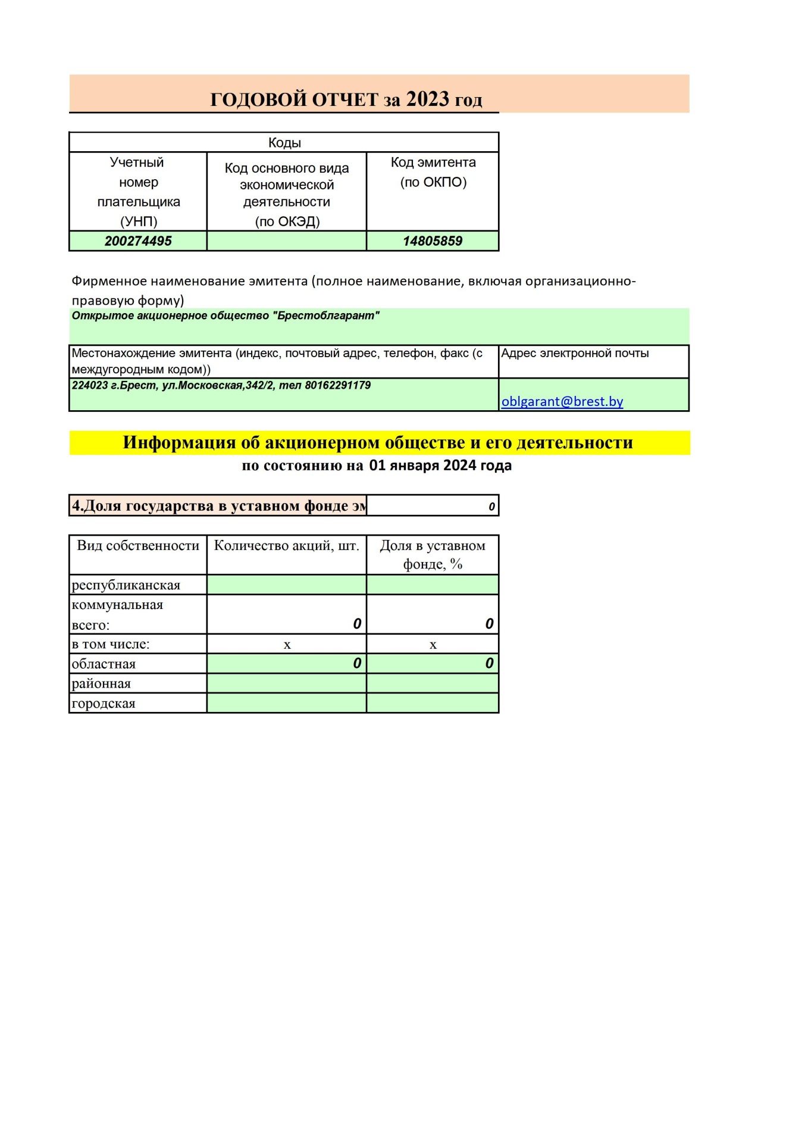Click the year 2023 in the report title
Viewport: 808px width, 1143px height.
tap(427, 99)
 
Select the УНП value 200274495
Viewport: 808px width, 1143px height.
tap(138, 241)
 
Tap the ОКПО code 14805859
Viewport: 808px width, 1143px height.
tap(433, 241)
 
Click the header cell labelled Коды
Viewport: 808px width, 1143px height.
tap(284, 143)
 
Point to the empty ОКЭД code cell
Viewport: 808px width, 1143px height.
tap(286, 241)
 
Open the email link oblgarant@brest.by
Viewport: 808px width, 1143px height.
tap(562, 402)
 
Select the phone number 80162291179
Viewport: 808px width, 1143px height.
tap(337, 386)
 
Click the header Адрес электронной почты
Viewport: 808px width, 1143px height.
tap(575, 354)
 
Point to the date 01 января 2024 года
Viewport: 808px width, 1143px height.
tap(440, 466)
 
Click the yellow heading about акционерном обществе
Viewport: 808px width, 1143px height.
tap(378, 443)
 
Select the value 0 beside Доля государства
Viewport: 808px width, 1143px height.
tap(491, 507)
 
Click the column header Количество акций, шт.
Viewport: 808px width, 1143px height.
tap(286, 546)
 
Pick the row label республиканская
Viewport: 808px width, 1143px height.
tap(126, 585)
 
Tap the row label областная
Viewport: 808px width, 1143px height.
tap(104, 664)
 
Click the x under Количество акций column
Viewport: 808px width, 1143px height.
tap(287, 645)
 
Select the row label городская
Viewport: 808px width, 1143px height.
tap(104, 704)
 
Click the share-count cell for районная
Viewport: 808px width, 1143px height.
tap(286, 683)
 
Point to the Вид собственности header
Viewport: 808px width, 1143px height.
tap(138, 546)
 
